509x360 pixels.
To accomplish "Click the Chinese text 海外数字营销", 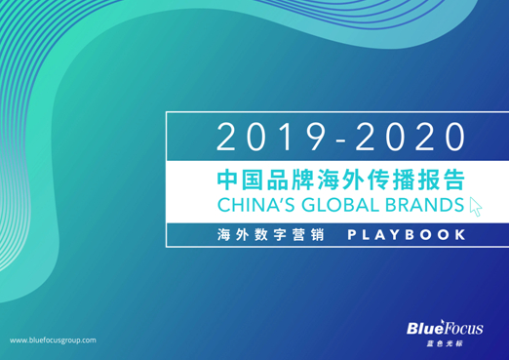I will pos(261,235).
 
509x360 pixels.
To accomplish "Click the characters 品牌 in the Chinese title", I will pos(291,180).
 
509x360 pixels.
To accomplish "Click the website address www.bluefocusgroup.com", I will pos(53,340).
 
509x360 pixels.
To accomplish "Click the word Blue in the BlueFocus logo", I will pos(426,329).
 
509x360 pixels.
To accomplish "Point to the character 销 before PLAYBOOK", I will pos(310,235).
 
